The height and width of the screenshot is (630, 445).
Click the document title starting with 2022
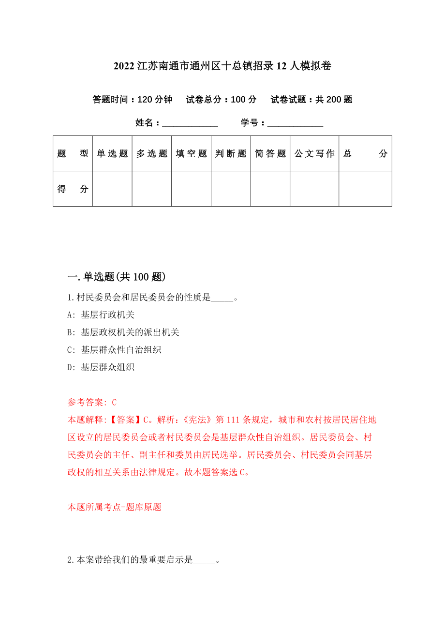click(x=222, y=66)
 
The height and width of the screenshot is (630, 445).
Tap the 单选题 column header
click(x=112, y=154)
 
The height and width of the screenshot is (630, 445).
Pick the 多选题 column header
click(x=152, y=154)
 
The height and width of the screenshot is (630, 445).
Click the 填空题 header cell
click(x=192, y=154)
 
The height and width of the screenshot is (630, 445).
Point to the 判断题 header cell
click(x=231, y=154)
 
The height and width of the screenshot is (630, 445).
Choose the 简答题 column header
click(x=270, y=154)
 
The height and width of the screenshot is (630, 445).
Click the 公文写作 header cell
click(x=314, y=154)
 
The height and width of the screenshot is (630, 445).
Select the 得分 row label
click(x=73, y=189)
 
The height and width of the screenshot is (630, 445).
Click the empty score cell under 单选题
click(x=112, y=189)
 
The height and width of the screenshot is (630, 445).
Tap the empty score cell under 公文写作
click(x=314, y=189)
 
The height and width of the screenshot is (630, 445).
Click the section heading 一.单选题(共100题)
click(x=117, y=277)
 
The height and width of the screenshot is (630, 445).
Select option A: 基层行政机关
click(x=101, y=315)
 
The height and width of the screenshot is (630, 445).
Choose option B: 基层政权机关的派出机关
click(x=123, y=332)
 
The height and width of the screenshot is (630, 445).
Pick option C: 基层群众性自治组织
click(x=115, y=350)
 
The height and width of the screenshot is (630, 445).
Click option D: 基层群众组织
click(x=101, y=367)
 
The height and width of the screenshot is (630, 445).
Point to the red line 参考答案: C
click(x=92, y=402)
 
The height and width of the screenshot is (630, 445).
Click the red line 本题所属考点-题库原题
click(x=114, y=507)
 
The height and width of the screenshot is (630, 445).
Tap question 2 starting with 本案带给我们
click(x=144, y=560)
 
